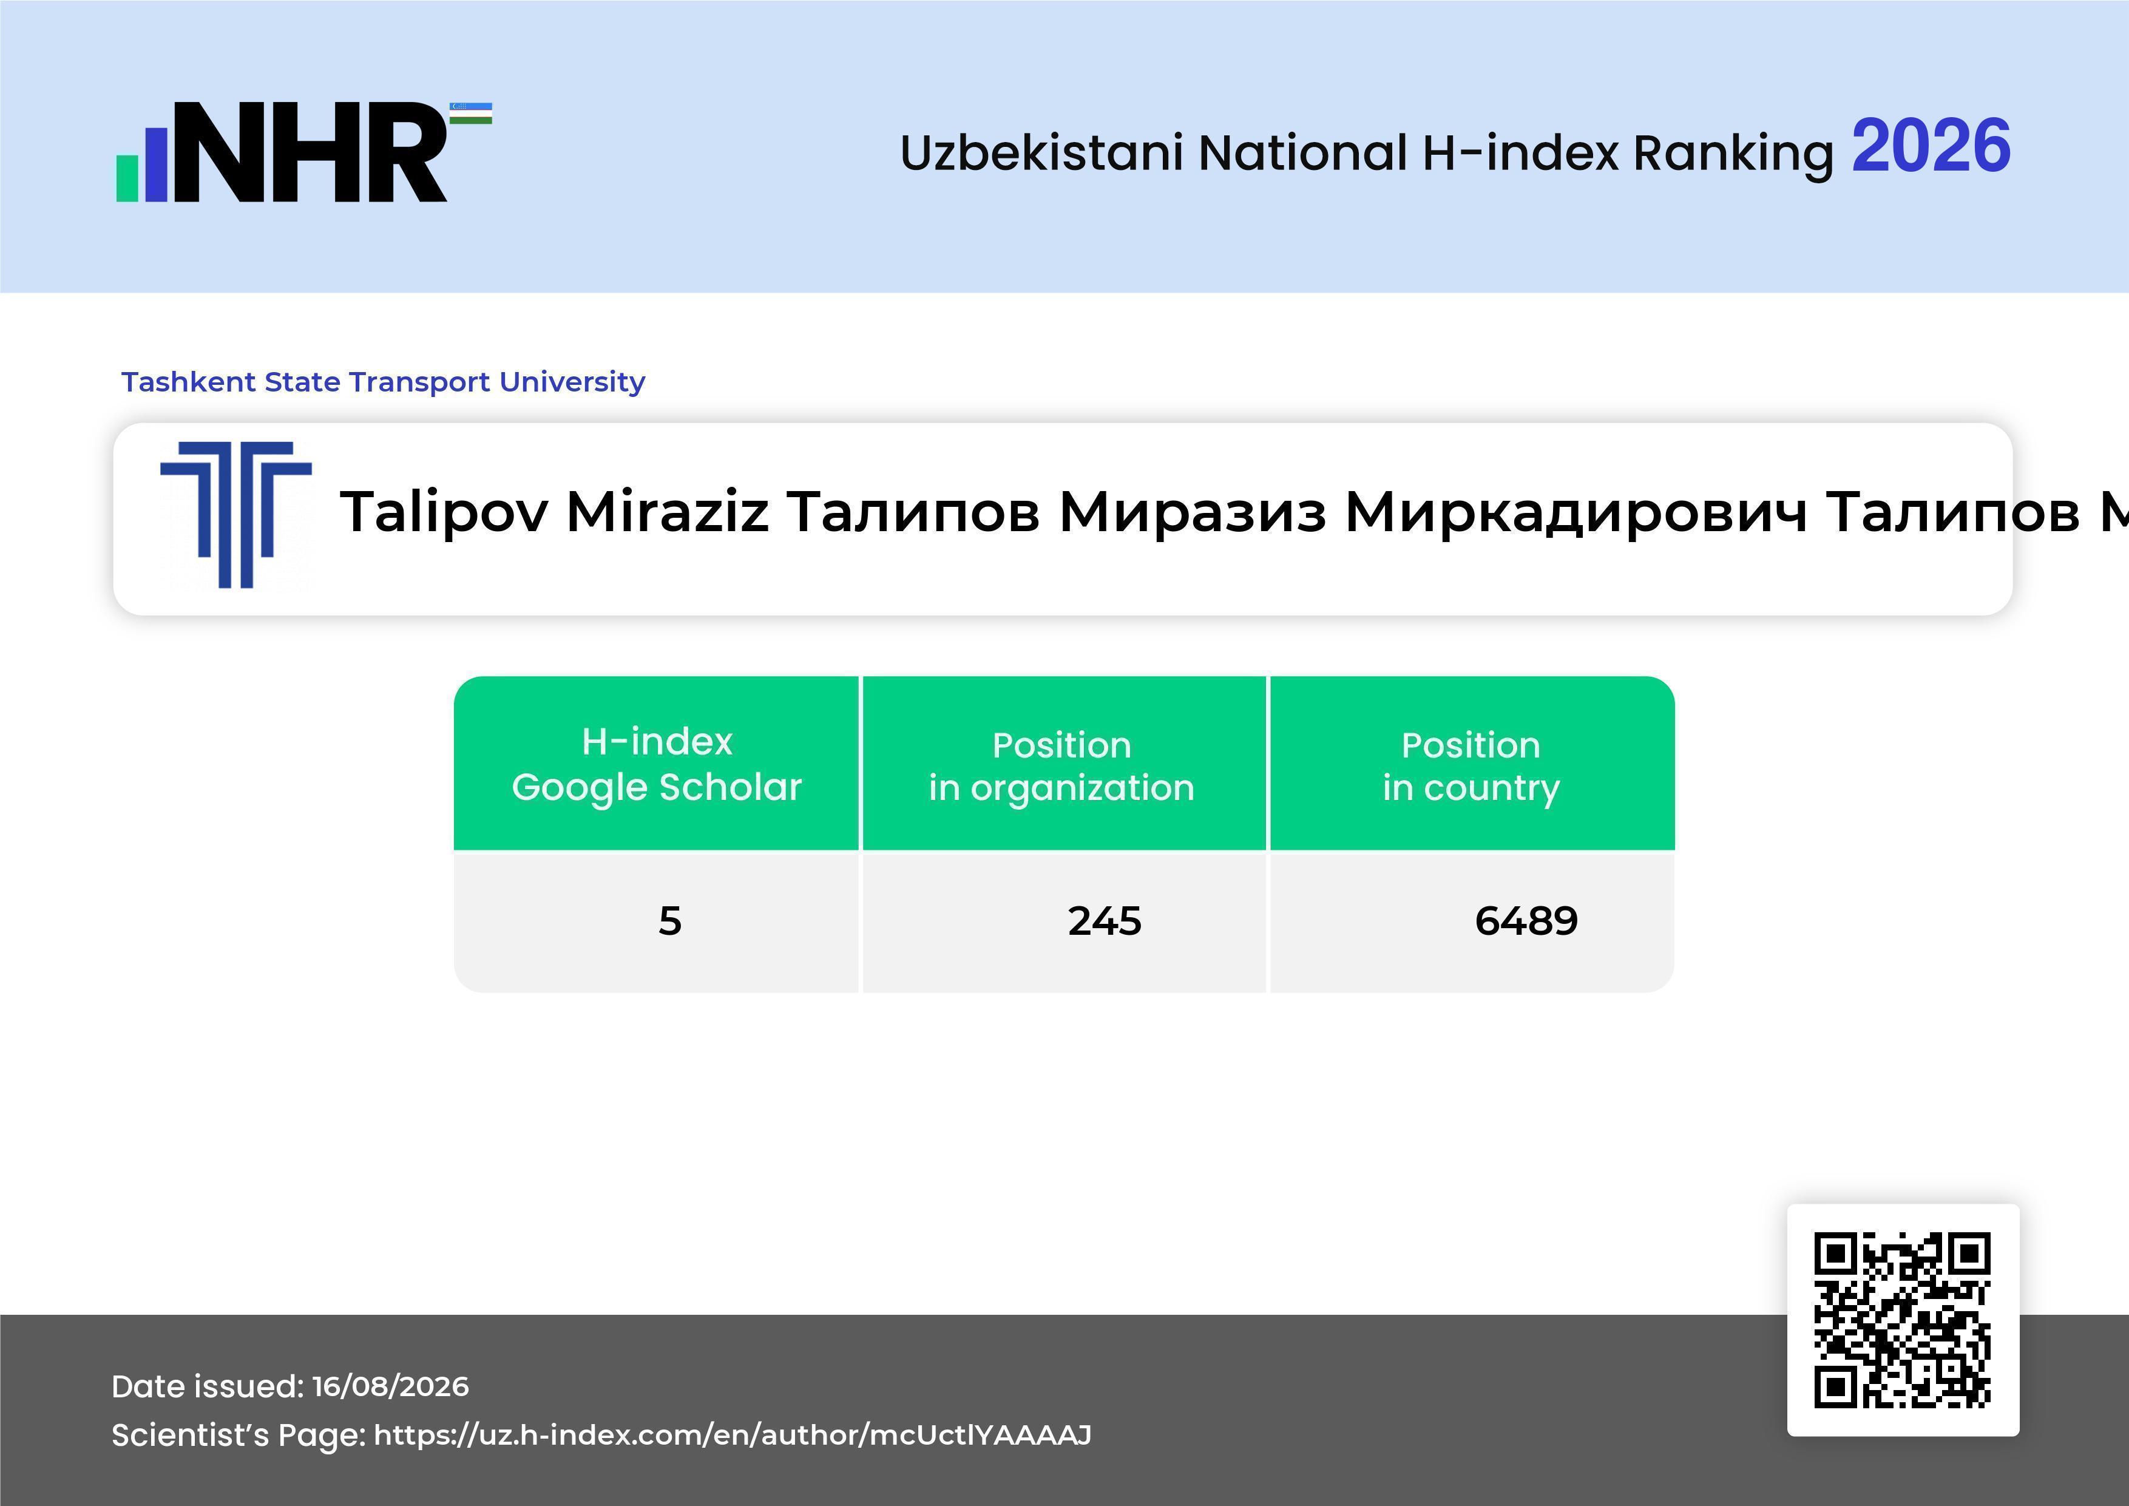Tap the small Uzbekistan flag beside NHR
471,113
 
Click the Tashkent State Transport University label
383,381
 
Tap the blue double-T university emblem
235,515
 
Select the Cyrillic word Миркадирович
1576,512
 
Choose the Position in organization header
1061,766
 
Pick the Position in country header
1471,766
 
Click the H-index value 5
669,921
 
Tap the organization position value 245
1105,921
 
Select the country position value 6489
1526,921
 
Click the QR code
1903,1320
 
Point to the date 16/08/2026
390,1386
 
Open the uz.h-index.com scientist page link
733,1434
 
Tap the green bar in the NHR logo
127,177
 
